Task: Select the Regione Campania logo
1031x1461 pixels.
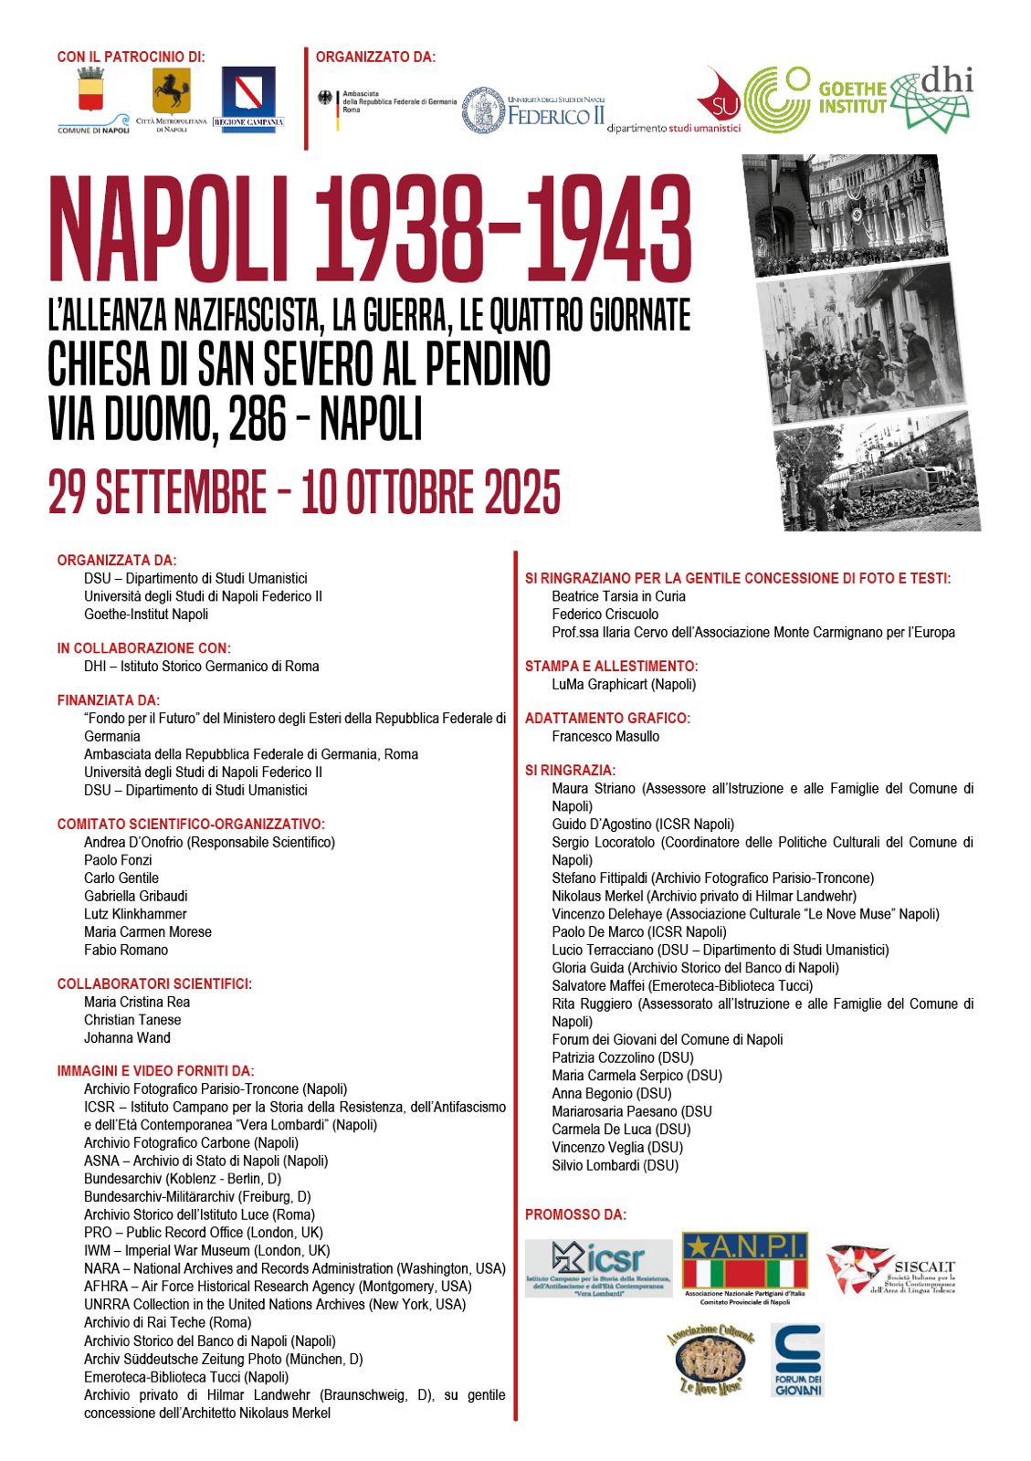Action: coord(248,97)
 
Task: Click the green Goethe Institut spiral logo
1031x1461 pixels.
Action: coord(777,100)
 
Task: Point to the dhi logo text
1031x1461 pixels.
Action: coord(946,81)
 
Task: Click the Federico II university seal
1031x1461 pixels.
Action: coord(483,111)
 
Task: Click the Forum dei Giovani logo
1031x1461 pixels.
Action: coord(797,1360)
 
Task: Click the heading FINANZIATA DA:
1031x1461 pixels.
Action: coord(109,700)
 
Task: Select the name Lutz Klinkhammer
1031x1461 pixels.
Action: coord(135,914)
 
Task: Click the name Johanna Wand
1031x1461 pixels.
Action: coord(127,1038)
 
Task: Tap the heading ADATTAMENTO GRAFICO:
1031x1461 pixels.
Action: coord(607,719)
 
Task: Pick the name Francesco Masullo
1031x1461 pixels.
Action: coord(605,737)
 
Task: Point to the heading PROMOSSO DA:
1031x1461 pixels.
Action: coord(575,1214)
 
